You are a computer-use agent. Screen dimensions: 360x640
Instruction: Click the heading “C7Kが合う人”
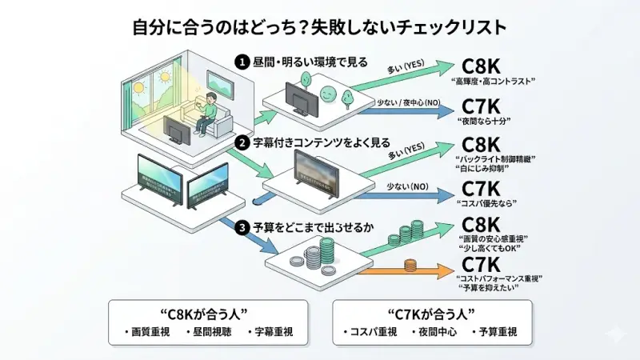click(x=431, y=312)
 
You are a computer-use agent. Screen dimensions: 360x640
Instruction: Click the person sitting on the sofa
click(x=206, y=108)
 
